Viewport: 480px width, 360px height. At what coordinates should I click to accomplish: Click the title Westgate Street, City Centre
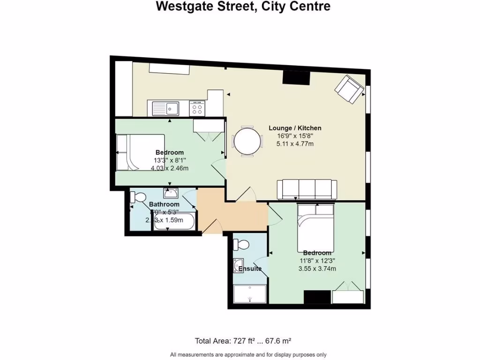(243, 7)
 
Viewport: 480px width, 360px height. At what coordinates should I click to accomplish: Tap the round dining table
(246, 141)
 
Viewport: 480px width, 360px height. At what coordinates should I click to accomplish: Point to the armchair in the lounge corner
(349, 89)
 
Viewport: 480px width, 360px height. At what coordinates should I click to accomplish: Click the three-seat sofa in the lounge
(307, 189)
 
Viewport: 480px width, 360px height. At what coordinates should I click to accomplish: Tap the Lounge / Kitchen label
(294, 128)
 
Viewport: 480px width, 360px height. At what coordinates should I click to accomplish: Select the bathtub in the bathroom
(175, 222)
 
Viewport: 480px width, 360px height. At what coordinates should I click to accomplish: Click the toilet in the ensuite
(243, 245)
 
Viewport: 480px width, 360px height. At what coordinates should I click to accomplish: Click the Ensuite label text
(250, 269)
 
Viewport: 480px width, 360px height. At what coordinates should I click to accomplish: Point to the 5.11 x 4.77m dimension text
(294, 144)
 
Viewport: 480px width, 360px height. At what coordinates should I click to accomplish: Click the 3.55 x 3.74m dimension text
(317, 269)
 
